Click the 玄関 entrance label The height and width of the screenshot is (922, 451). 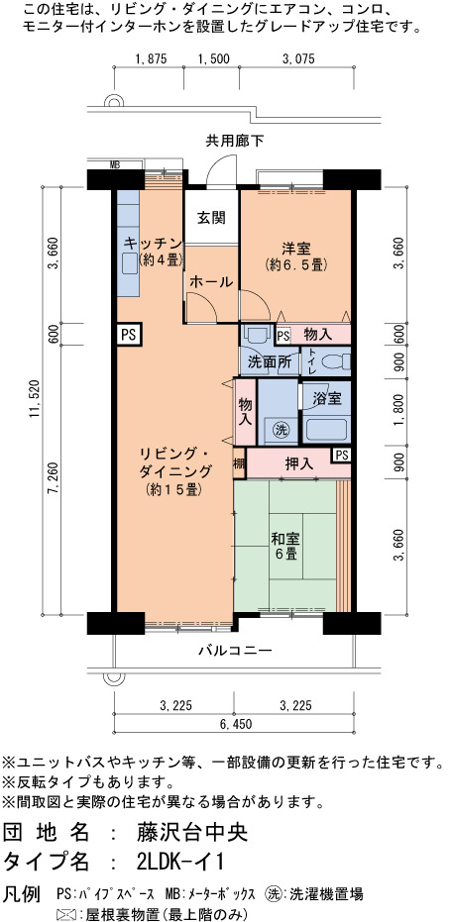tap(211, 218)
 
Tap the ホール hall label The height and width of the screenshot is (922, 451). tap(210, 281)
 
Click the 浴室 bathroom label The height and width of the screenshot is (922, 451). tap(327, 398)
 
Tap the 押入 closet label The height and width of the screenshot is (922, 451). tap(300, 463)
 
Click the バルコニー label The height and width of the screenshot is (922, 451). tap(235, 651)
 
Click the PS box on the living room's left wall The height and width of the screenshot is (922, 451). tap(128, 335)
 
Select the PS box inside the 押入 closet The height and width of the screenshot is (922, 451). tap(342, 455)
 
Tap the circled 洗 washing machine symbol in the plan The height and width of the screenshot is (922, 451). tap(281, 429)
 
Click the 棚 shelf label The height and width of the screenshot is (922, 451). tap(239, 463)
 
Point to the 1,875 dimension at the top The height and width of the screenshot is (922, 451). tap(152, 58)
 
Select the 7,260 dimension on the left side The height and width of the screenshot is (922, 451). tap(52, 479)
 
